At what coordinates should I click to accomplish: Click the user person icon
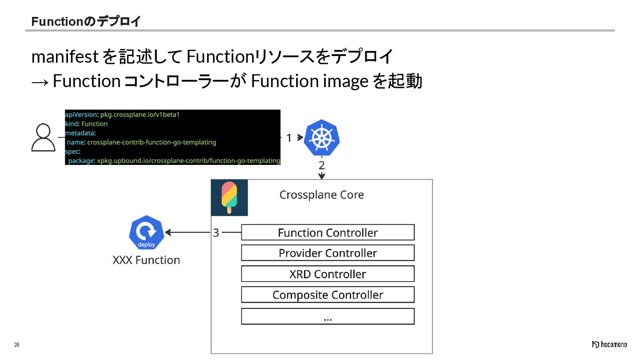click(43, 137)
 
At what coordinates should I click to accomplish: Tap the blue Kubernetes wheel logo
click(322, 137)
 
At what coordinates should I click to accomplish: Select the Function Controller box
click(328, 232)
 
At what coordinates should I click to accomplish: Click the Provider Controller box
click(328, 253)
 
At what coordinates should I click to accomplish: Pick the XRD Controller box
click(328, 274)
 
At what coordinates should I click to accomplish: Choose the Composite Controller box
click(328, 295)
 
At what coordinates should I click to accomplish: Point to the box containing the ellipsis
click(328, 316)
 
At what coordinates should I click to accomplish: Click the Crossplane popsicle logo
click(229, 198)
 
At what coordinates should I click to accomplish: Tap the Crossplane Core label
click(321, 195)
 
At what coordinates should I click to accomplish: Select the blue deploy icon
click(146, 232)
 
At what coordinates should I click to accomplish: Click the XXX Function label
click(146, 260)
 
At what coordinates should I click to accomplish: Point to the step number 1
click(289, 138)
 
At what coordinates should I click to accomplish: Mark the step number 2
click(322, 166)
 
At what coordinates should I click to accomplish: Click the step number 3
click(216, 233)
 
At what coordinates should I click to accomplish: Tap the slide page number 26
click(17, 345)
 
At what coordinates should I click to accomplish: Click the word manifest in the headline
click(65, 57)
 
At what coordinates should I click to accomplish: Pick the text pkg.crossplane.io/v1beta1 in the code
click(140, 115)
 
